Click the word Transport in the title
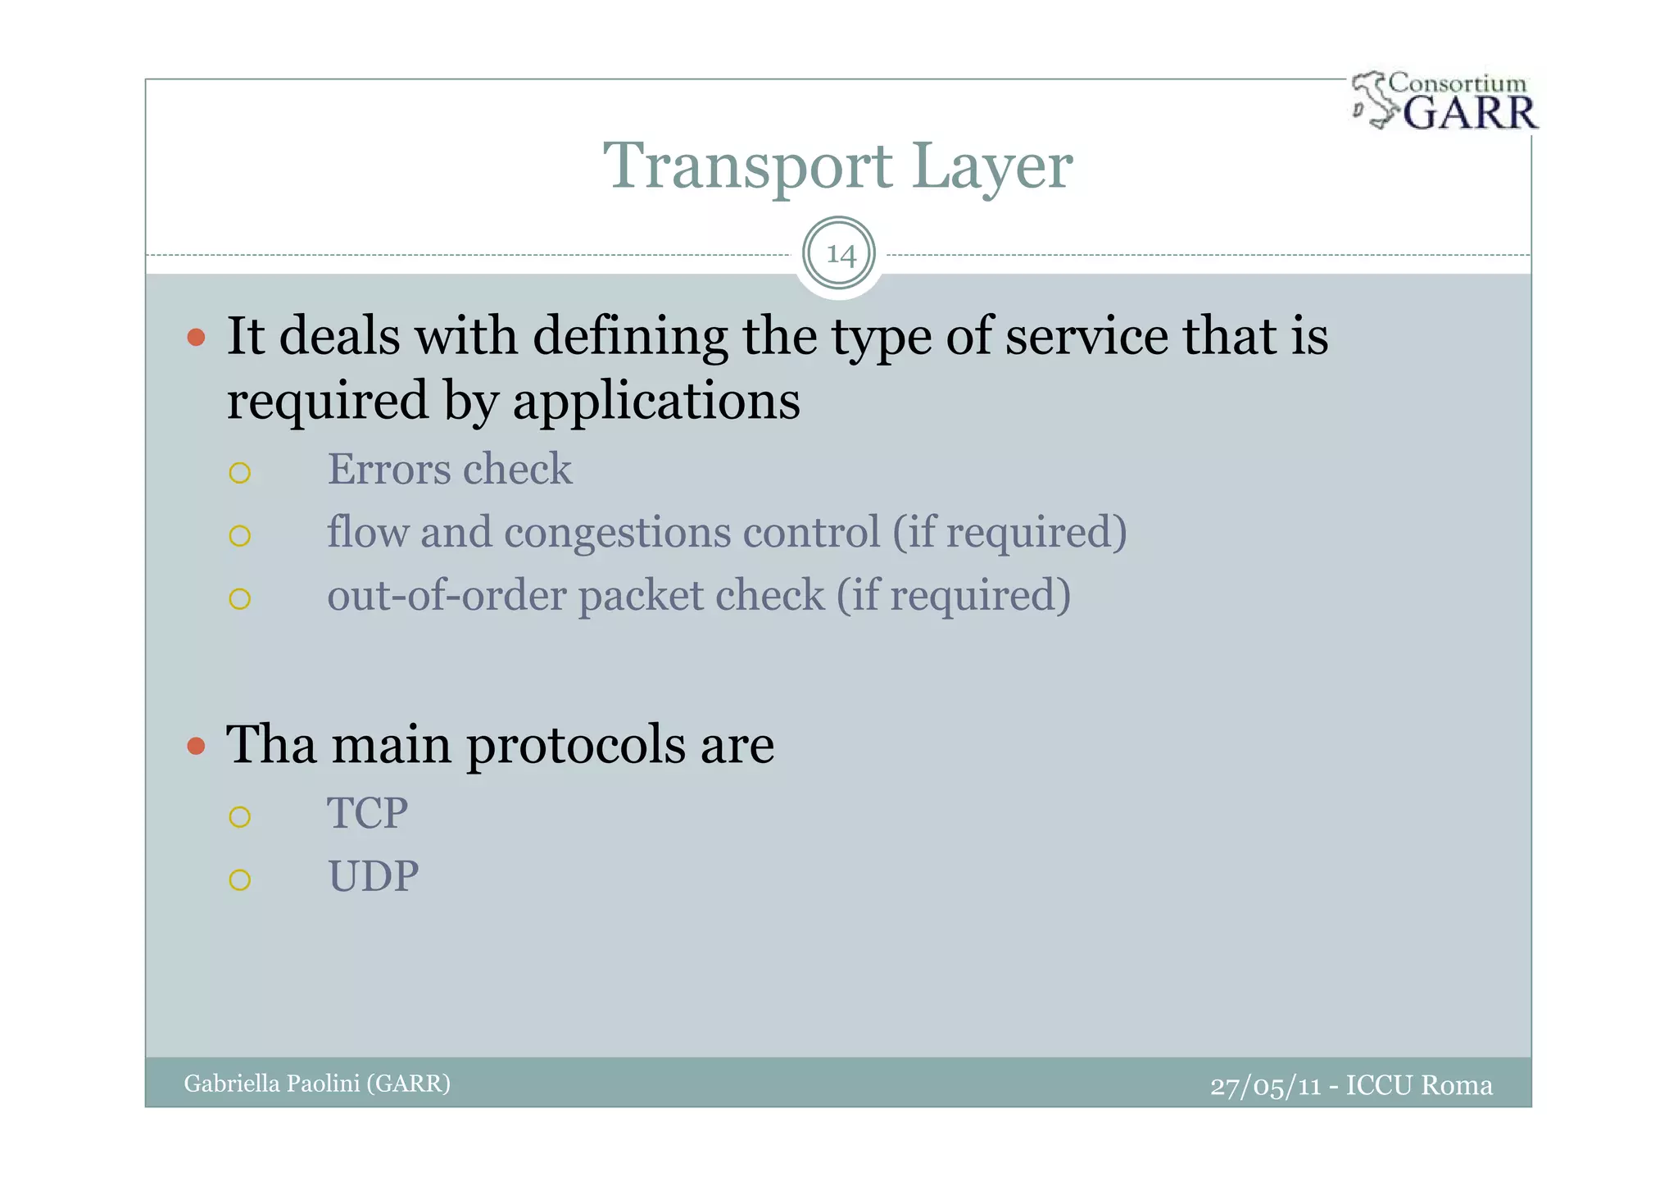pos(746,166)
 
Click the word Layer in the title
pos(991,166)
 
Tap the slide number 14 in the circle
pos(840,254)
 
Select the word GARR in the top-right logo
pos(1470,112)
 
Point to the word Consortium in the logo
pos(1458,83)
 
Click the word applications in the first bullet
pos(655,401)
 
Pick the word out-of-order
pos(446,595)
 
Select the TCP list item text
pos(367,813)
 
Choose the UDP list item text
pos(373,876)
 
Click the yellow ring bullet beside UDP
pos(239,880)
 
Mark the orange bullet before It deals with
pos(196,337)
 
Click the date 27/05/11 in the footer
pos(1265,1085)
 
